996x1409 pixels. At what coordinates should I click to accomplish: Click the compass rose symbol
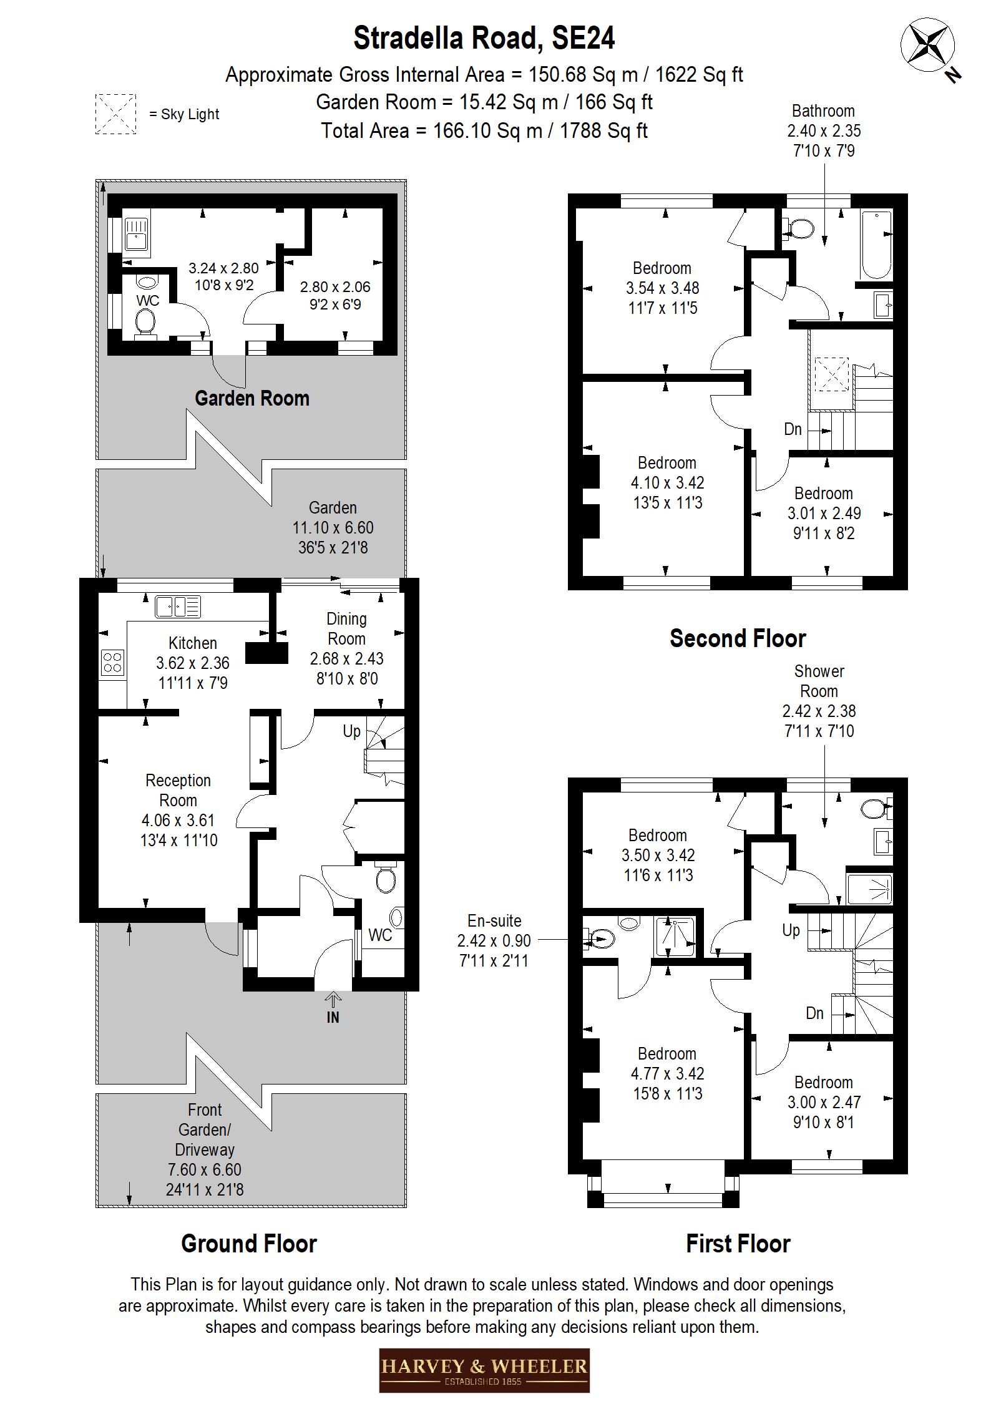tap(928, 45)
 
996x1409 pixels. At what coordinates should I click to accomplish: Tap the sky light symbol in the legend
tap(115, 114)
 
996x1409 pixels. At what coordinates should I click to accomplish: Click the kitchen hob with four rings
tap(112, 662)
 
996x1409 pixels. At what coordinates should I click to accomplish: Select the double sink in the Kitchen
tap(178, 607)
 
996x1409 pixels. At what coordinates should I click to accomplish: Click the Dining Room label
tap(346, 628)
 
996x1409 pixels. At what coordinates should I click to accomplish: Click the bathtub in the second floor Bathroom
tap(876, 245)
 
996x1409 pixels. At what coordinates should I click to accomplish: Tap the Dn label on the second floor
tap(793, 429)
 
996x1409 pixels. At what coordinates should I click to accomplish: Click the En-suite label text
tap(494, 921)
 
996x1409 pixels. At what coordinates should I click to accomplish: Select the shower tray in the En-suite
tap(675, 937)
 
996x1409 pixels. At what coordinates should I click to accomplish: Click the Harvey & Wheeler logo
tap(484, 1370)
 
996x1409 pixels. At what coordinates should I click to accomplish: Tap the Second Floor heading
tap(737, 638)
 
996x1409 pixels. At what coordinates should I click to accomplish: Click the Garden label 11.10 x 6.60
tap(333, 527)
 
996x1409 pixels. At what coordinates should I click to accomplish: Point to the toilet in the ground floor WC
tap(386, 880)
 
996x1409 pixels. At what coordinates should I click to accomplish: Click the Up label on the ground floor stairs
tap(351, 731)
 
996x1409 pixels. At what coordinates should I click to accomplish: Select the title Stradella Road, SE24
tap(484, 38)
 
